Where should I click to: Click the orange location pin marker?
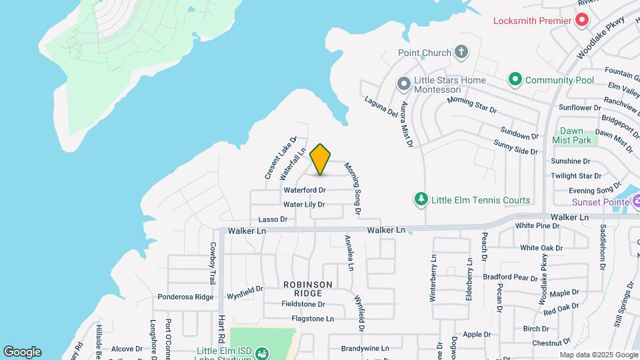321,159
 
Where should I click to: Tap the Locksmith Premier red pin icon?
581,20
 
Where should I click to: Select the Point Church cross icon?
461,52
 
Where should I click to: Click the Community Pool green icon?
515,80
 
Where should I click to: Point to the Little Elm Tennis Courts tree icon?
421,199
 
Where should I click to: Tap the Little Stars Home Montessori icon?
403,85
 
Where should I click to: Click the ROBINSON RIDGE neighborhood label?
307,289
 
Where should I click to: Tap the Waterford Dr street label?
304,190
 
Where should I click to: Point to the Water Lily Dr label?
305,205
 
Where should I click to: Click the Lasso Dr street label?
273,219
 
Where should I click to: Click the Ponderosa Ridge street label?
185,297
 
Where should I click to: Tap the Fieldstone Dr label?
303,304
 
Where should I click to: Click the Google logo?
22,352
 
